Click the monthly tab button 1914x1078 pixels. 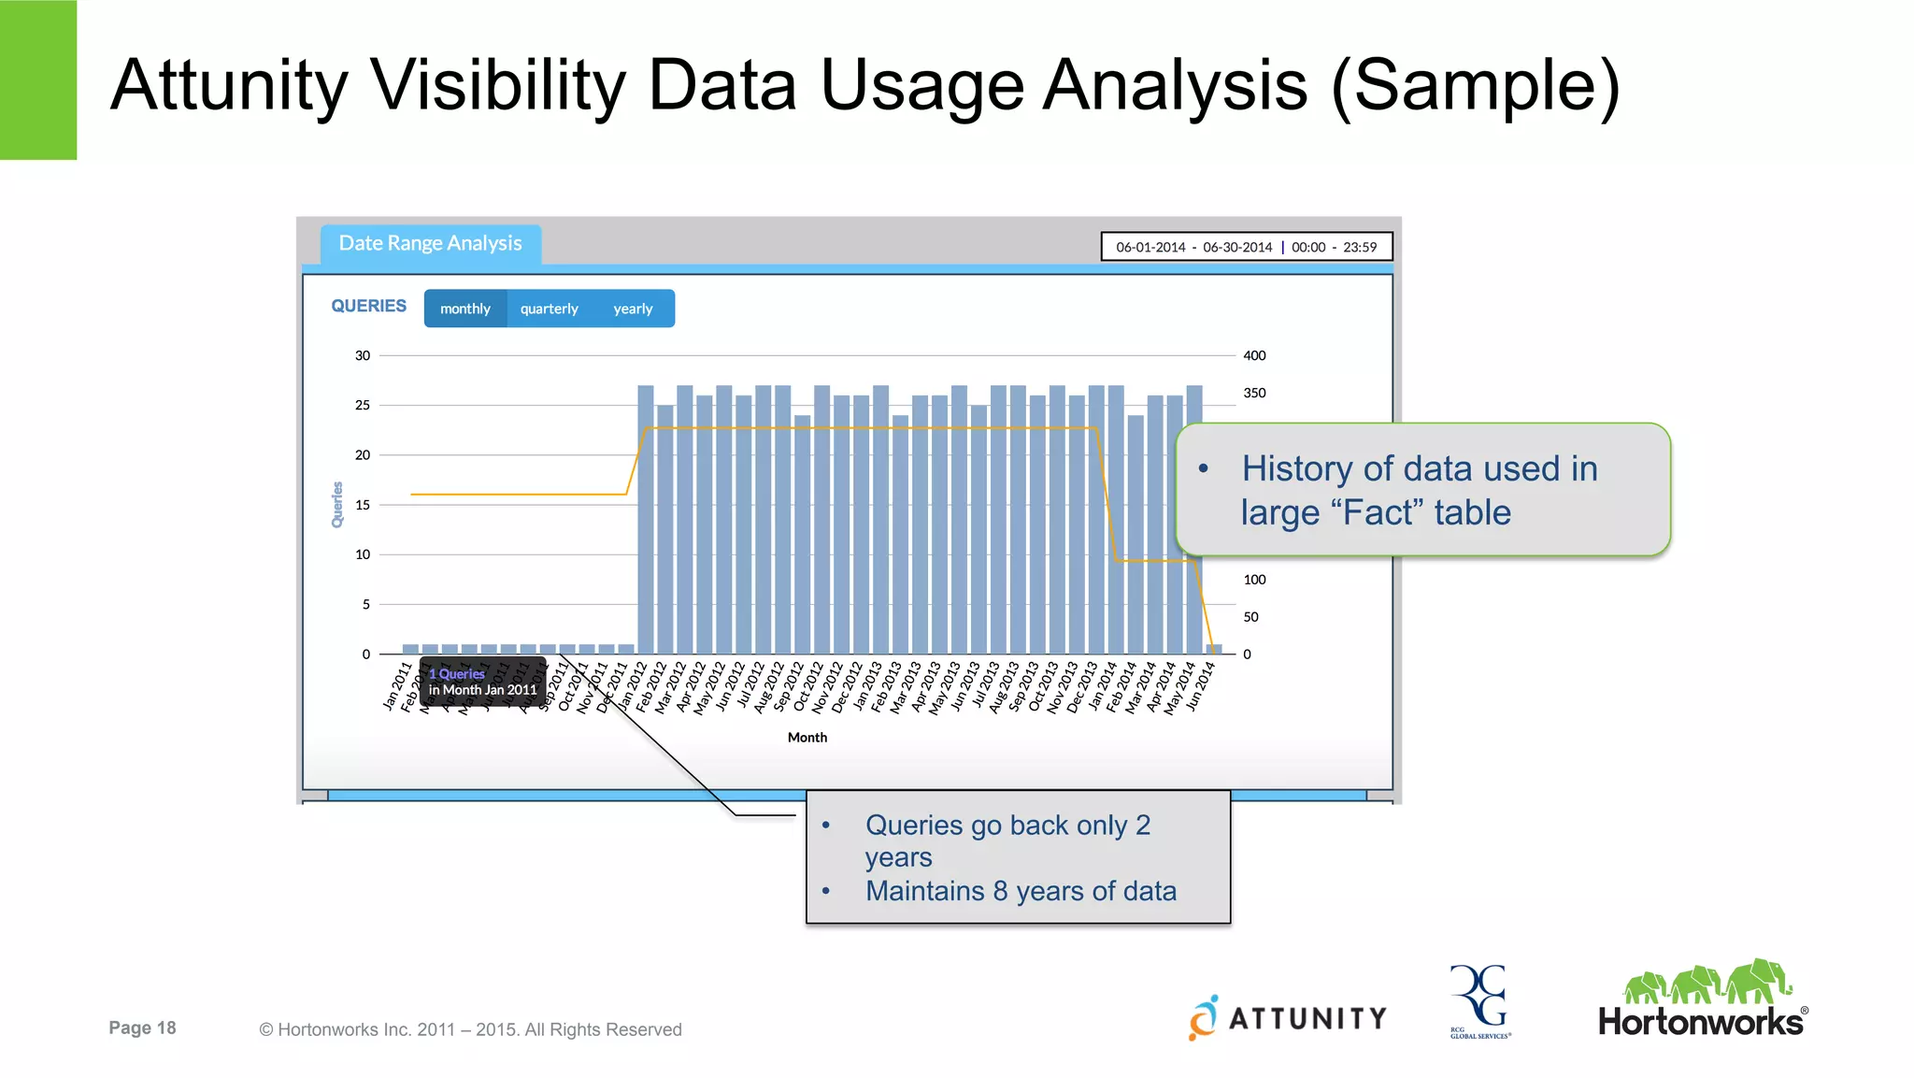(465, 309)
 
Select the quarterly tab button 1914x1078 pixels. (549, 309)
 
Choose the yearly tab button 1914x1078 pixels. (633, 309)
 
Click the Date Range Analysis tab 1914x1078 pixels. (430, 243)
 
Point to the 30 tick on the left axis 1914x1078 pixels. (363, 355)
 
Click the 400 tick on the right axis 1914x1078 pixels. (1254, 355)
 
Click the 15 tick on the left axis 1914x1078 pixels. (363, 505)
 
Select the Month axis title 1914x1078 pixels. (807, 738)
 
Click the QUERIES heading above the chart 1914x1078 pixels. (368, 306)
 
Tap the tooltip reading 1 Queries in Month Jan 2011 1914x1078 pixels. (482, 682)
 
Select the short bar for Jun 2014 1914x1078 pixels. (1214, 649)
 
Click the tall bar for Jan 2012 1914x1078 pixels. (645, 519)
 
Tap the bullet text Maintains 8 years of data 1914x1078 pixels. (1021, 891)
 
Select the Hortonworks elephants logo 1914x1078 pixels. (1703, 999)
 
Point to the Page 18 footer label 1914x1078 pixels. (142, 1028)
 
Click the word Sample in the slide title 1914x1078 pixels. (1475, 86)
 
